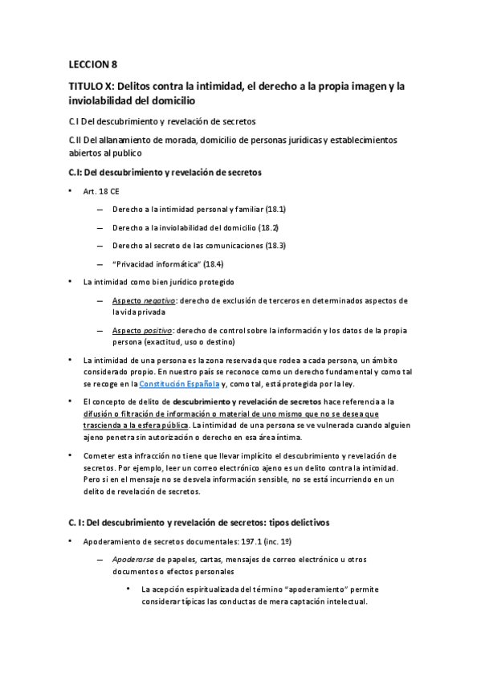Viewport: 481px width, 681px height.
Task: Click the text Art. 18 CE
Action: point(100,190)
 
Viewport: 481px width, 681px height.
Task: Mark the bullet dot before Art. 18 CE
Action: point(71,190)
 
